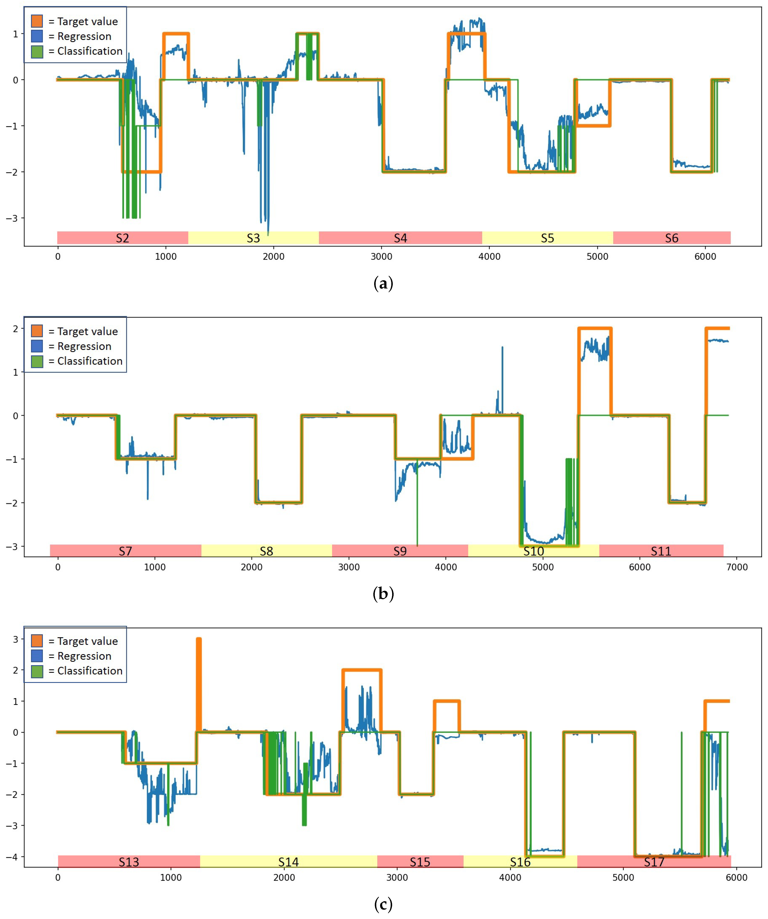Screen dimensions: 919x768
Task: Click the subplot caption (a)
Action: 383,284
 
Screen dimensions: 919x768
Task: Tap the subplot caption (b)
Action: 383,594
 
